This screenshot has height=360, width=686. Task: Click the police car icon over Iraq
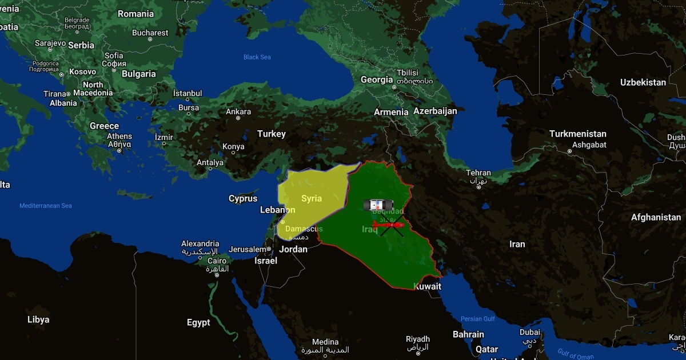378,205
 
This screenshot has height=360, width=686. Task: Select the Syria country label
312,198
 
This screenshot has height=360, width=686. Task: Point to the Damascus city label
304,229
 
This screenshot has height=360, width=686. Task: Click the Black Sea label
257,57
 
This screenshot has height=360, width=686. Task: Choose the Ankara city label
238,111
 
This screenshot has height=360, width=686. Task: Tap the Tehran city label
478,173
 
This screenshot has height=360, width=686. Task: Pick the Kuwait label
428,286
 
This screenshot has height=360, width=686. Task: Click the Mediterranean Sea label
46,206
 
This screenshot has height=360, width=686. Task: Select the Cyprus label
243,199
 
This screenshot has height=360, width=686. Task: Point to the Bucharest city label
150,33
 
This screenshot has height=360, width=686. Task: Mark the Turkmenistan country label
578,134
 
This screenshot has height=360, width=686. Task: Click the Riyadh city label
418,339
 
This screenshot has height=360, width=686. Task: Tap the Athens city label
119,137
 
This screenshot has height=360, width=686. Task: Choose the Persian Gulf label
478,319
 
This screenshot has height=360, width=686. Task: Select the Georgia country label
377,80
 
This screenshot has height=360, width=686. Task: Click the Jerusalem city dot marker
269,249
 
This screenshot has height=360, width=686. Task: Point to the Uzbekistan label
643,82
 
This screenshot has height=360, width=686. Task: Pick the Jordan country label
293,249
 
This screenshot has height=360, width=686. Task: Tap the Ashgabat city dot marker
570,152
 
